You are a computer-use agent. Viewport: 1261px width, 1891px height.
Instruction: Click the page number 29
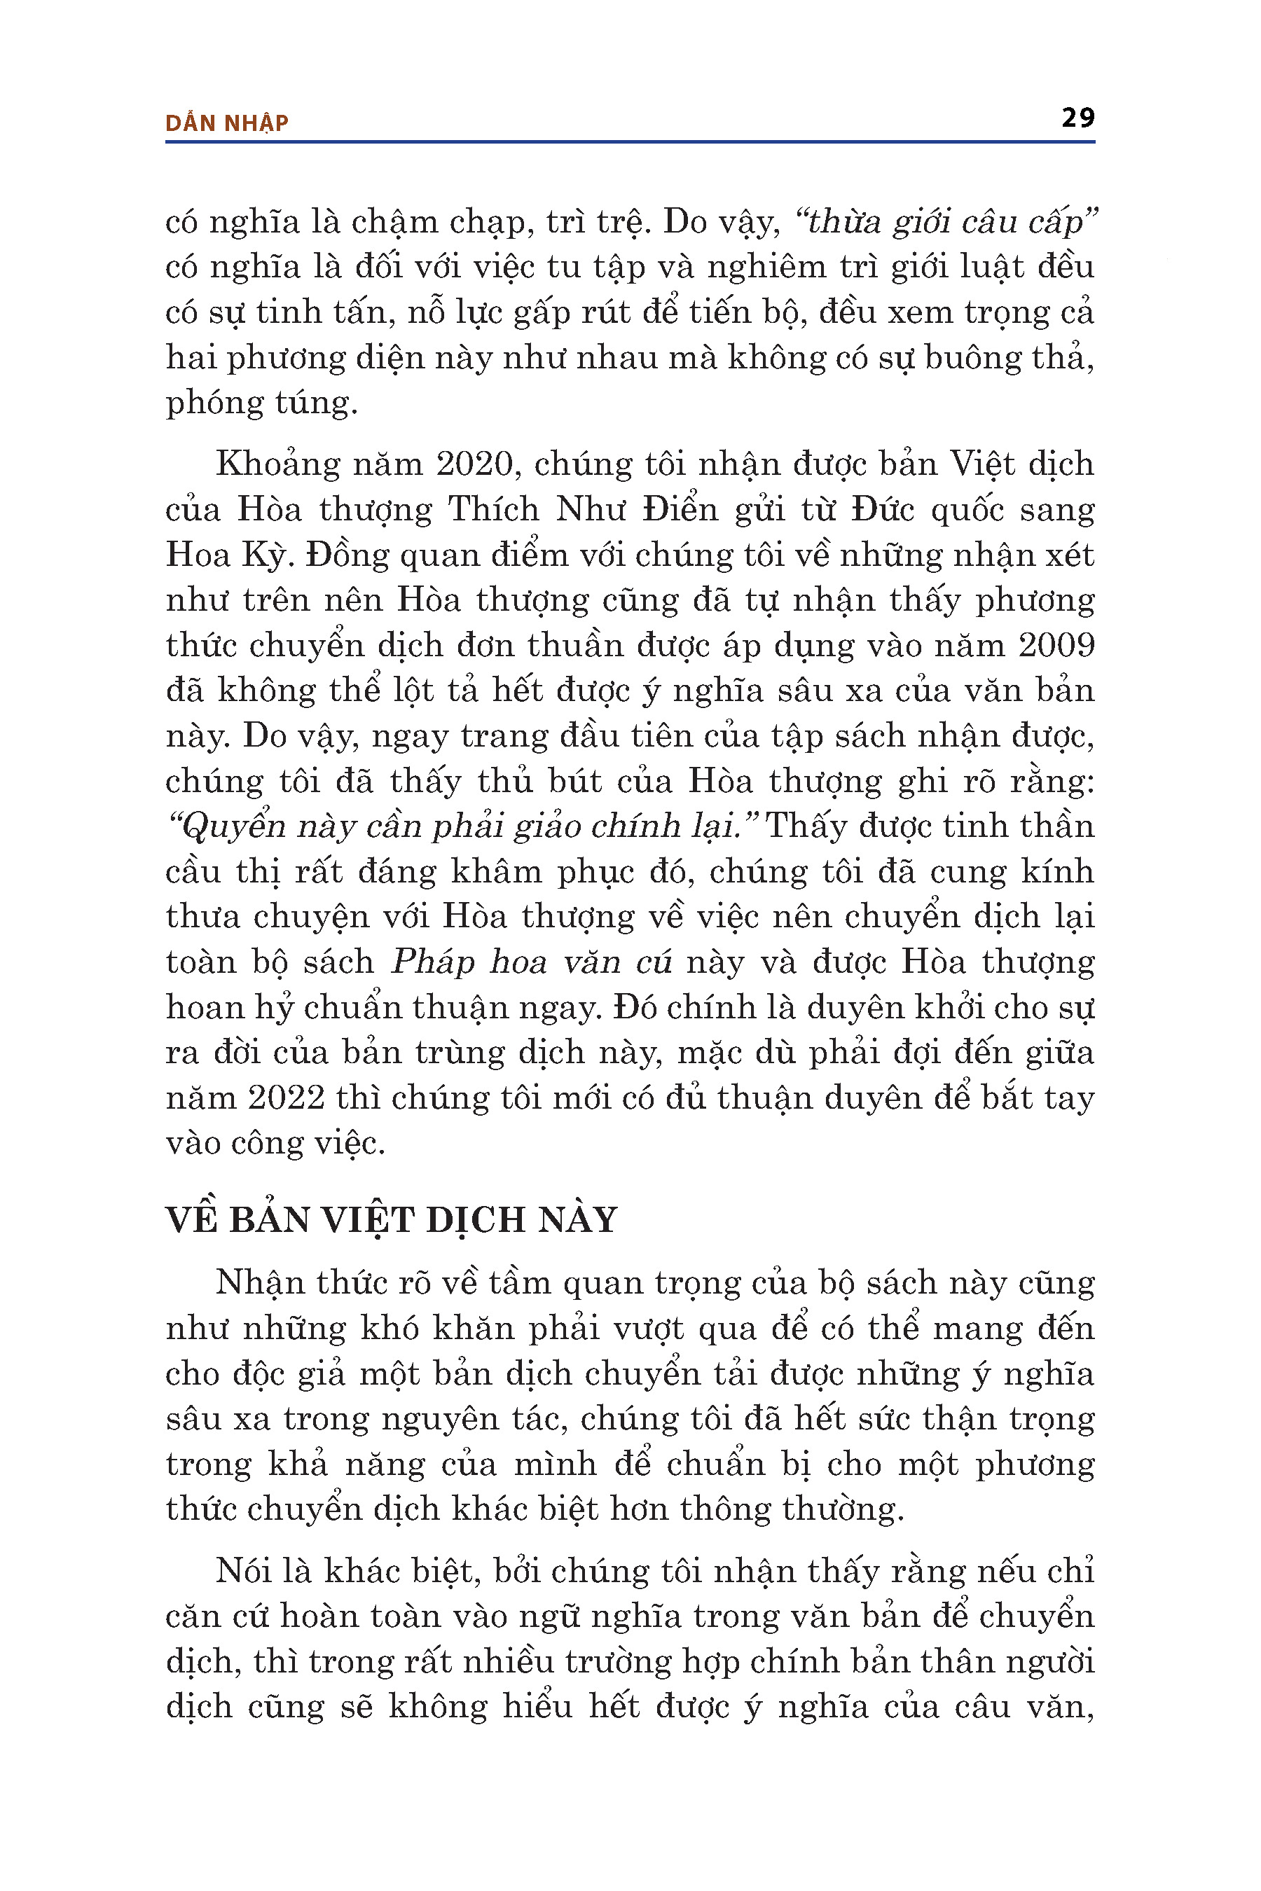click(x=1077, y=118)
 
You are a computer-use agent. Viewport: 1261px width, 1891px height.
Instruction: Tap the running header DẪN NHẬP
click(x=227, y=123)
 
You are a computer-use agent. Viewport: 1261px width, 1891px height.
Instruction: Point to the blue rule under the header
click(x=630, y=142)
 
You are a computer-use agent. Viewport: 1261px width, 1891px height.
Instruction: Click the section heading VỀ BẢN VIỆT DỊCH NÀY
click(x=391, y=1219)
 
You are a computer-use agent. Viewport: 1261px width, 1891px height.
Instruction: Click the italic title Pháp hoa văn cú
click(x=531, y=962)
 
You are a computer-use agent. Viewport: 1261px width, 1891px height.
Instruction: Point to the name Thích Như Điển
click(x=582, y=510)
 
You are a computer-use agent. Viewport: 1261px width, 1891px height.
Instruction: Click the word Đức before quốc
click(x=884, y=510)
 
